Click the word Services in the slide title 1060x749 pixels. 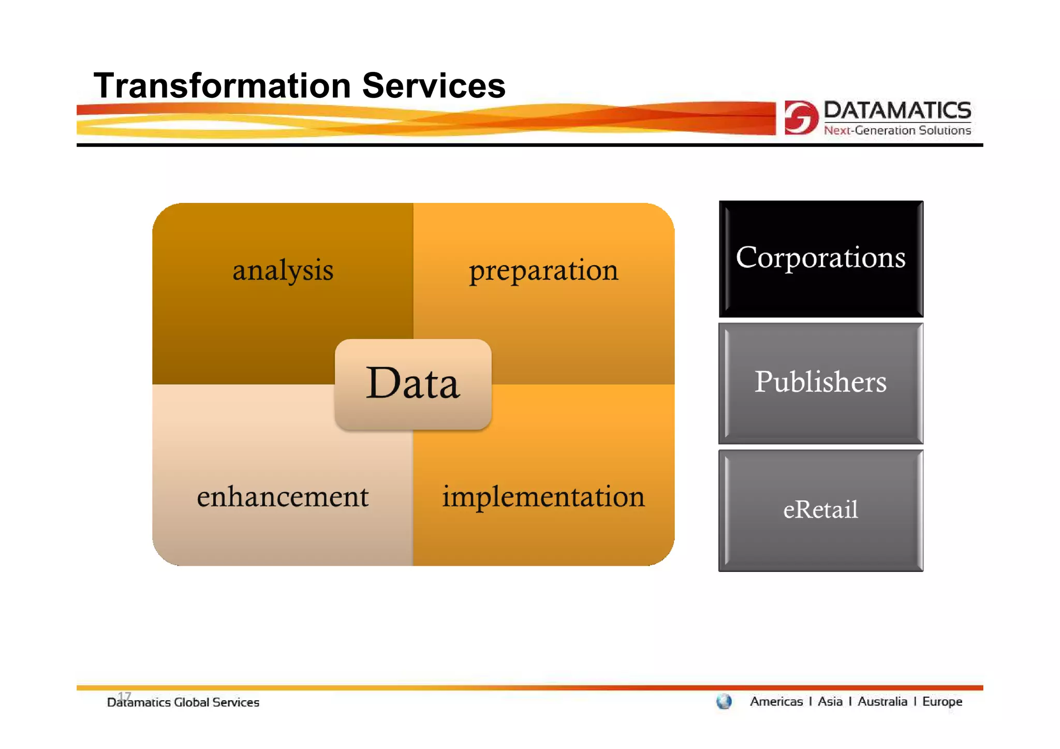tap(433, 85)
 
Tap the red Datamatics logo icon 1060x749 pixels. tap(801, 118)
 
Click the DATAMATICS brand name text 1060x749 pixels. tap(897, 110)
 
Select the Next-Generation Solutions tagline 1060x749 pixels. tap(897, 130)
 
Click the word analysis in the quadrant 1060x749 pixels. tap(283, 270)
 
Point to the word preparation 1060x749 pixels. tap(543, 270)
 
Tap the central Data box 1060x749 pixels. tap(413, 384)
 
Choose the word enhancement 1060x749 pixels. tap(283, 496)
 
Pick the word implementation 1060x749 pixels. tap(543, 496)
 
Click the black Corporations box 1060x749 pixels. tap(821, 258)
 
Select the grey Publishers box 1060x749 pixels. tap(821, 383)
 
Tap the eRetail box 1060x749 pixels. tap(821, 510)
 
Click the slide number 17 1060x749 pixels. tap(124, 695)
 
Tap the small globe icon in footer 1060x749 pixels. tap(724, 702)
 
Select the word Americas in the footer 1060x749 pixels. tap(776, 701)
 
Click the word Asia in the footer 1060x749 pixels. tap(830, 701)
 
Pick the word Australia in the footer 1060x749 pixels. tap(882, 701)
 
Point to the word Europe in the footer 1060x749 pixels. tap(942, 701)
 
